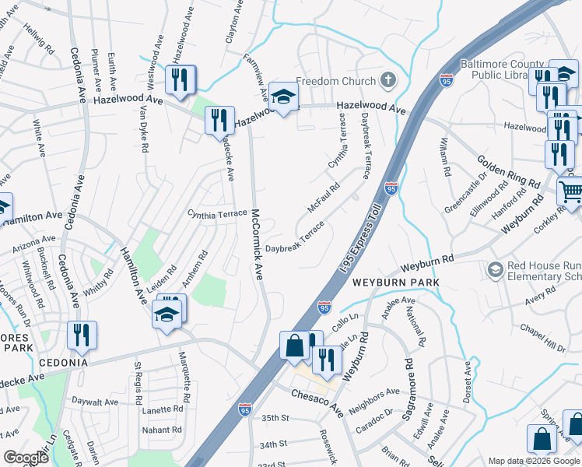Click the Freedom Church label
pos(337,80)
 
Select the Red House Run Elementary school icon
pos(495,269)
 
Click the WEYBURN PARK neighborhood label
pos(395,282)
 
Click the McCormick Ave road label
pos(256,244)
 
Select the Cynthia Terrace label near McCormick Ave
pos(217,213)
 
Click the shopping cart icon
pos(571,190)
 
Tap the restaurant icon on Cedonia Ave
pos(82,335)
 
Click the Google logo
pos(25,458)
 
